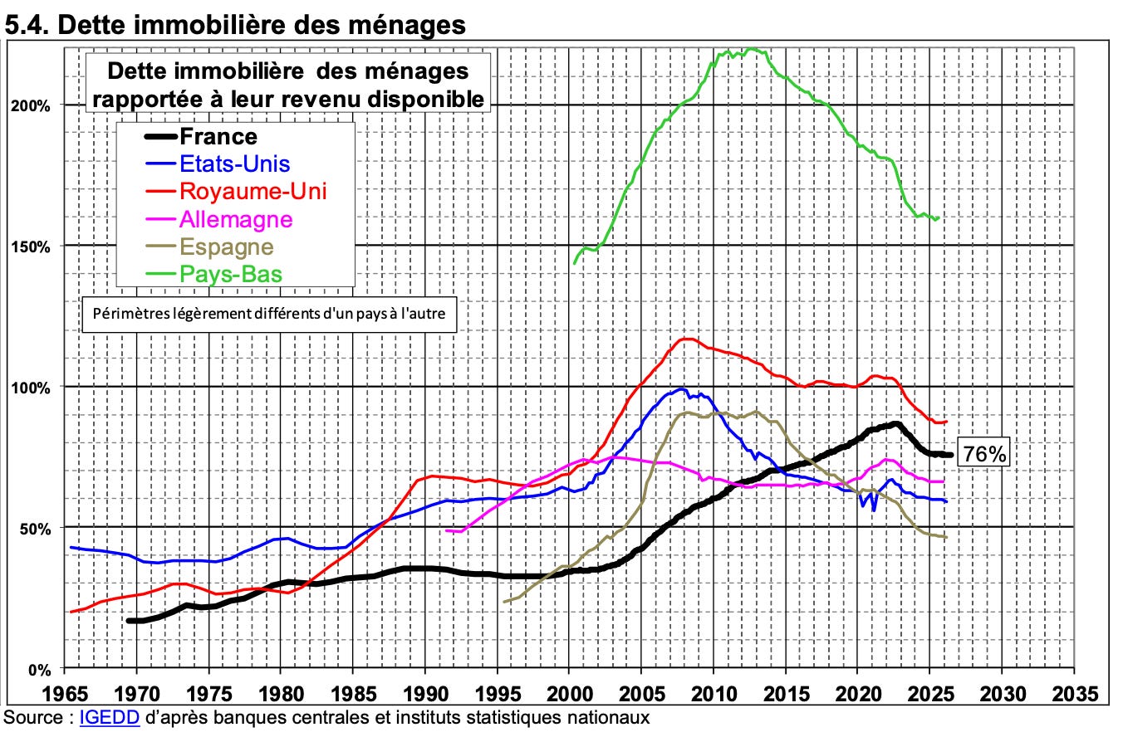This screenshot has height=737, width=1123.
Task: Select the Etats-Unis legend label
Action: tap(234, 164)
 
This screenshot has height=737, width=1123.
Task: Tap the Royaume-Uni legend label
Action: tap(253, 192)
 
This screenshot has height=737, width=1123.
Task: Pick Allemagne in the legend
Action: tap(236, 219)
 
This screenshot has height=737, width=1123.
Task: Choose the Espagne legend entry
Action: tap(227, 247)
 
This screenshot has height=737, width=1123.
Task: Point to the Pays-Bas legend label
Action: tap(231, 274)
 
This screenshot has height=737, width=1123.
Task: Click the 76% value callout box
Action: tap(984, 454)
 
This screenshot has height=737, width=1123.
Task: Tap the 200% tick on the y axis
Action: tap(31, 106)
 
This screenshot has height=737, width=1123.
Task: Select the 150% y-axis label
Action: tap(31, 247)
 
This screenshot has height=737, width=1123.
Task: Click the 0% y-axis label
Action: tap(39, 670)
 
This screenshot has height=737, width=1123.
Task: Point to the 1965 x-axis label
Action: tap(65, 694)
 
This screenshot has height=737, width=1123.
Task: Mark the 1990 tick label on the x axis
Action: tap(425, 694)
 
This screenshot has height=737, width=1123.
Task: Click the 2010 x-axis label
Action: tap(714, 694)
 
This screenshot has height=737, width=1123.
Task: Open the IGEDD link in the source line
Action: tap(110, 717)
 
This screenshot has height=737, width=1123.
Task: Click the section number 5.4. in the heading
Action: tap(27, 25)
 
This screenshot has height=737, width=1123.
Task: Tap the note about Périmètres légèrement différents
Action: tap(269, 315)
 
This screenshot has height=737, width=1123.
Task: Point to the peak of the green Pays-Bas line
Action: tap(751, 49)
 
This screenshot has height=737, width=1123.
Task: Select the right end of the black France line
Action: tap(950, 455)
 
